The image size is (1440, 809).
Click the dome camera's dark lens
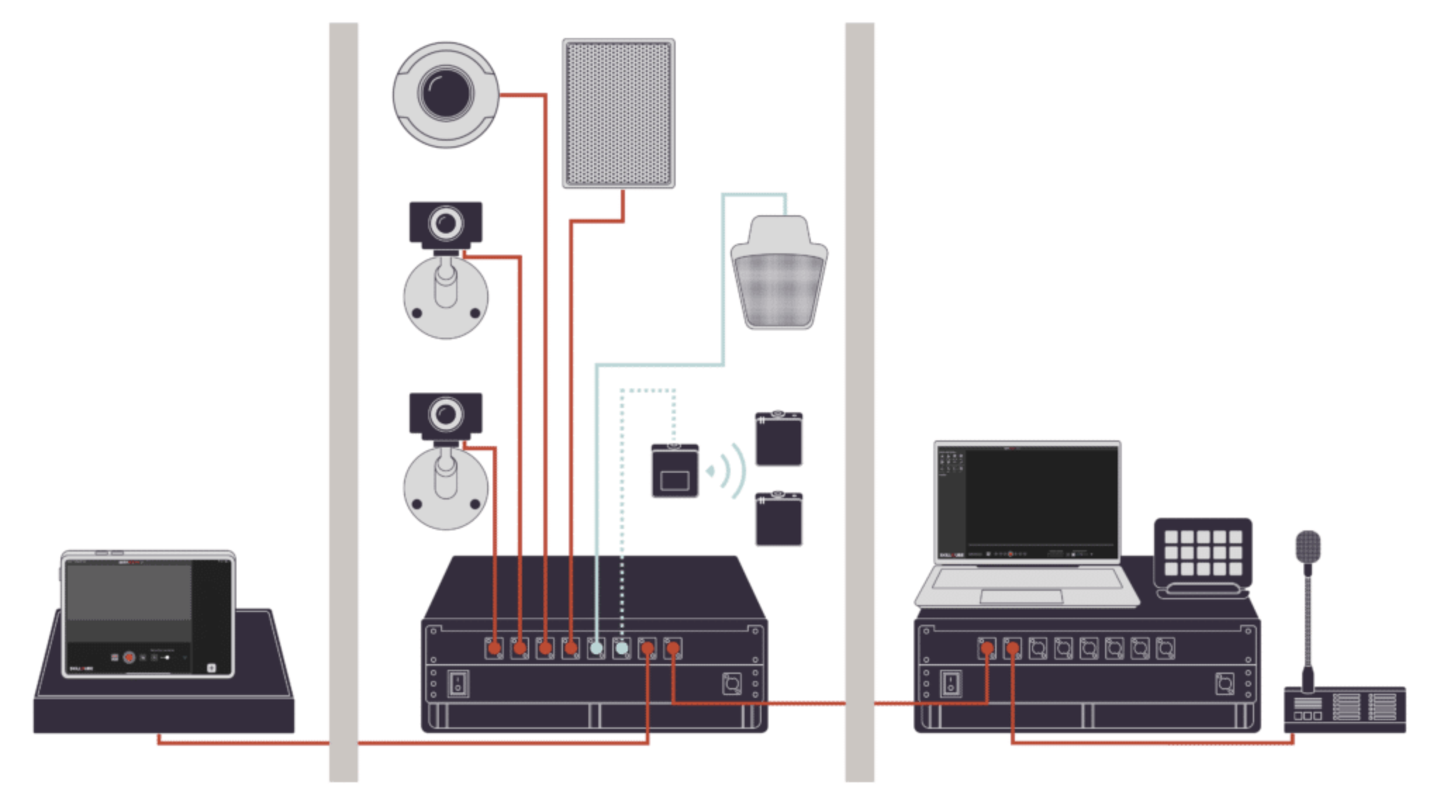[445, 92]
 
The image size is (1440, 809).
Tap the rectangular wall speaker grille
[618, 113]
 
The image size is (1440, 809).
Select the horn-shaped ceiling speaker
[778, 274]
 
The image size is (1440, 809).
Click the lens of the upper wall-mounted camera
[446, 224]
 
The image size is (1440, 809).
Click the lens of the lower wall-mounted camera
[446, 413]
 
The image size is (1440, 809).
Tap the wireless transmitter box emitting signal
[674, 471]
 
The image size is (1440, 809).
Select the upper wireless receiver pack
[778, 439]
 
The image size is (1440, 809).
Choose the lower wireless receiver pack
[778, 519]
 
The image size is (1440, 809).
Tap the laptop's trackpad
[1021, 597]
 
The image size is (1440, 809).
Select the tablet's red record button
[129, 657]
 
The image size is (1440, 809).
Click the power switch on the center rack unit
[458, 682]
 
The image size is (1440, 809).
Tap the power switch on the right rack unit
[951, 682]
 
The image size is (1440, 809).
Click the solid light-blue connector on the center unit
[596, 648]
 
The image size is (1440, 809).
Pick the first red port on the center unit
[495, 648]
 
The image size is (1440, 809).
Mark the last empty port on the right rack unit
[1165, 648]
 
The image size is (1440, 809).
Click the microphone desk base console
[1344, 709]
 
